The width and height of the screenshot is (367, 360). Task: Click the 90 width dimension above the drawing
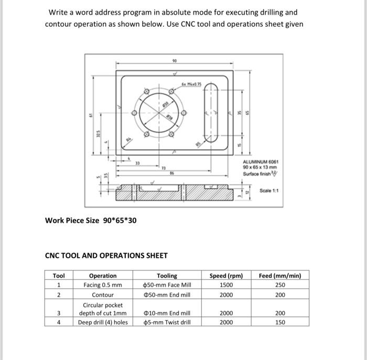pyautogui.click(x=175, y=61)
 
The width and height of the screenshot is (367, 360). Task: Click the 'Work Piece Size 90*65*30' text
pyautogui.click(x=91, y=220)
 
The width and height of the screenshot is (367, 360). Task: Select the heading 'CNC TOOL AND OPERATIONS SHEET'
pyautogui.click(x=106, y=256)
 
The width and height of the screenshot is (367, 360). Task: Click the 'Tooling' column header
pyautogui.click(x=167, y=276)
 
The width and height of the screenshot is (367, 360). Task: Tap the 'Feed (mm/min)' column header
pyautogui.click(x=280, y=276)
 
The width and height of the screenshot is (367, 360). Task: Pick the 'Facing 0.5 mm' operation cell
pyautogui.click(x=103, y=285)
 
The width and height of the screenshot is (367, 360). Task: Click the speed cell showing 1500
pyautogui.click(x=226, y=285)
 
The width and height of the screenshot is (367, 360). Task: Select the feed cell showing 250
pyautogui.click(x=280, y=285)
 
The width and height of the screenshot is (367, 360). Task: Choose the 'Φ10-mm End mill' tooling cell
pyautogui.click(x=167, y=313)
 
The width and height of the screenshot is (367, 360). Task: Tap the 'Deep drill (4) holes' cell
pyautogui.click(x=103, y=322)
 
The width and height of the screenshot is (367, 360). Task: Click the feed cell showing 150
pyautogui.click(x=280, y=322)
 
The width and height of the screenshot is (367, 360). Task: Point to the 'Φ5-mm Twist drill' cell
pyautogui.click(x=167, y=322)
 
